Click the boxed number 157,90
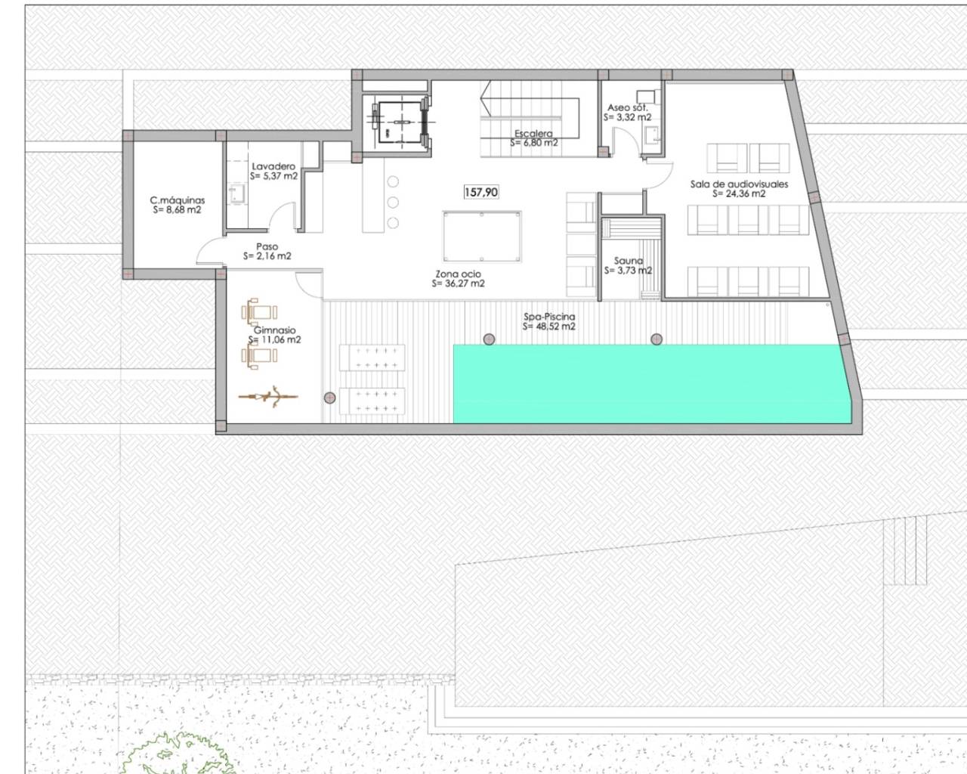click(480, 192)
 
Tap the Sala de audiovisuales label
click(739, 184)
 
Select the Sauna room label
click(628, 261)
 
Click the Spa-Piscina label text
click(549, 317)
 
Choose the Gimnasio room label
click(274, 330)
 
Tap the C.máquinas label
click(178, 200)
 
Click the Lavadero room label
click(273, 166)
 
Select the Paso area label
click(267, 246)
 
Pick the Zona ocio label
click(458, 274)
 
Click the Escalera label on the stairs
click(533, 134)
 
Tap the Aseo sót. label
click(627, 108)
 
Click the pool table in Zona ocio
click(482, 237)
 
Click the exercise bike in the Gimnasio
click(269, 395)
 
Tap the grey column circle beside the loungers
click(330, 398)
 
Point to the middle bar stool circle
click(393, 203)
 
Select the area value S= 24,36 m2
click(739, 193)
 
